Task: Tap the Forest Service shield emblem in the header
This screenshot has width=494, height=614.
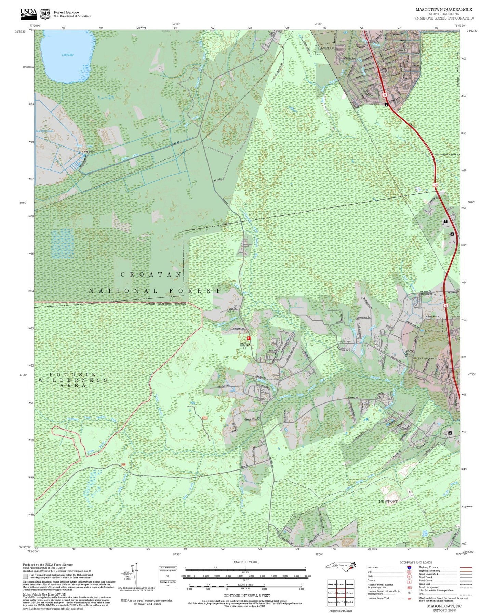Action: click(x=45, y=14)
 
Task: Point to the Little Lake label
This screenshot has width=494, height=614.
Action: click(x=68, y=55)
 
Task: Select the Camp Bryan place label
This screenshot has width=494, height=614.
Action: click(x=88, y=151)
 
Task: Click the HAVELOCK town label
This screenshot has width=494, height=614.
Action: click(x=327, y=48)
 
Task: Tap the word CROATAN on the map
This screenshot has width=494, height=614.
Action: click(x=151, y=274)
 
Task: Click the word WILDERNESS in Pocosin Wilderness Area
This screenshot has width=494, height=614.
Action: click(x=73, y=380)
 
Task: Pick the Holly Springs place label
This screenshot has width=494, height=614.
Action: click(x=344, y=341)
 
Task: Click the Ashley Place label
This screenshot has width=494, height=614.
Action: click(x=432, y=316)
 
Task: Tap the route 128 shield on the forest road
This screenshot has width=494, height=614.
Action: click(x=123, y=465)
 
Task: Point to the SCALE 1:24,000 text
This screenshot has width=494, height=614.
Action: click(x=245, y=562)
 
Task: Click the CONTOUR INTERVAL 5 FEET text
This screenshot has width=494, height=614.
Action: click(x=246, y=596)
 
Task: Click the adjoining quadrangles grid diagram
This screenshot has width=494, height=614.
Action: click(x=341, y=592)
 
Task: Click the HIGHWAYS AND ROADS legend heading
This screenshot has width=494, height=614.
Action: click(x=416, y=562)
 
